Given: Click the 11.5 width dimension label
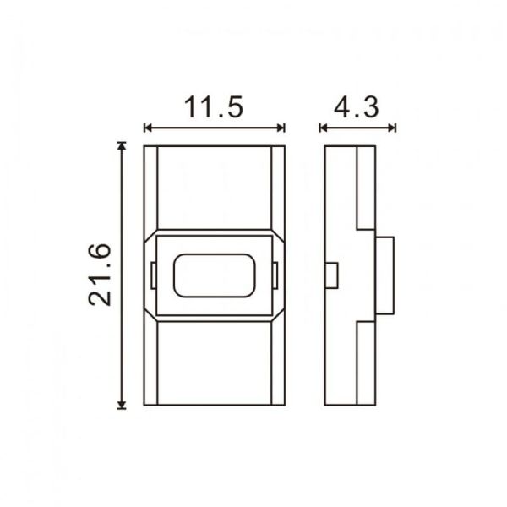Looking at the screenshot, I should click(x=214, y=107).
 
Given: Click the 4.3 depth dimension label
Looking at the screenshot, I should click(x=356, y=107).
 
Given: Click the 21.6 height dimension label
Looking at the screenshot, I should click(x=100, y=274).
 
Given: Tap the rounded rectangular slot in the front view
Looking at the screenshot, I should click(x=214, y=275).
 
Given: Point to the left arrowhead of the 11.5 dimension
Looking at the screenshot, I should click(x=148, y=128).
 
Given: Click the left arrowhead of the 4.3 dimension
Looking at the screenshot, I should click(x=324, y=128).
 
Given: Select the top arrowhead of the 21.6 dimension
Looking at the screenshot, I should click(x=123, y=146).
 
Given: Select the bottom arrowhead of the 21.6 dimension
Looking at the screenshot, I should click(x=123, y=404).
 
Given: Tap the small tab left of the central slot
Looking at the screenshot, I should click(x=153, y=275).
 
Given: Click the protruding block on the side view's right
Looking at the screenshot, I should click(x=384, y=275).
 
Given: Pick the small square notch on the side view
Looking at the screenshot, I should click(x=331, y=275).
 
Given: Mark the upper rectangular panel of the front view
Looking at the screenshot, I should click(x=214, y=186).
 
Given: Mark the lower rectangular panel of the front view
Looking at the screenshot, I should click(x=214, y=363).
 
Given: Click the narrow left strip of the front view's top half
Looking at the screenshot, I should click(x=151, y=186).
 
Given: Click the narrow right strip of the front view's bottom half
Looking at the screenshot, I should click(x=277, y=363).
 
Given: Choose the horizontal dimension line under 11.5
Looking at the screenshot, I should click(x=214, y=128).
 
